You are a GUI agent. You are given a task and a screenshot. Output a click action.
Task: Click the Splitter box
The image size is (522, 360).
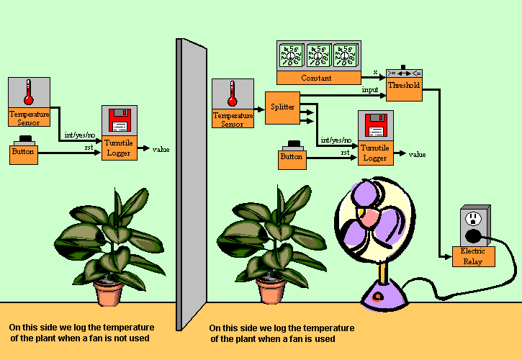point(283,107)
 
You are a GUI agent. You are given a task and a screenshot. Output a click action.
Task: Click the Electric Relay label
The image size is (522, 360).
point(473,256)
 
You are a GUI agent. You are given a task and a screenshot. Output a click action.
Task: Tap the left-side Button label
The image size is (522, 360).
point(23,153)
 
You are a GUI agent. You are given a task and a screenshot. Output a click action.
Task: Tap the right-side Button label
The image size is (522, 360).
point(292,157)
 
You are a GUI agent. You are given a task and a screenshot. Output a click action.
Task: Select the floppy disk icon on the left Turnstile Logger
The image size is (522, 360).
point(118,120)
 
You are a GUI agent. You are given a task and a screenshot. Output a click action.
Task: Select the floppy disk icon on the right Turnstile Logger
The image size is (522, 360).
point(376,125)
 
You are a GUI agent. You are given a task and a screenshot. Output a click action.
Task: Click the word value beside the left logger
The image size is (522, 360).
point(161,149)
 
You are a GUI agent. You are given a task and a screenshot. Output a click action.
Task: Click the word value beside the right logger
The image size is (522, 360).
point(417,154)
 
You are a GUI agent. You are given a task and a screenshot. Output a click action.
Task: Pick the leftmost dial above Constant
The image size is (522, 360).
point(292,55)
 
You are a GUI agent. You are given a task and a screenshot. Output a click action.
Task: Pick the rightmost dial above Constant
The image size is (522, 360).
point(344,55)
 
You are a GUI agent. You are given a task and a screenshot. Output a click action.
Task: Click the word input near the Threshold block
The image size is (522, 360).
point(370,90)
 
